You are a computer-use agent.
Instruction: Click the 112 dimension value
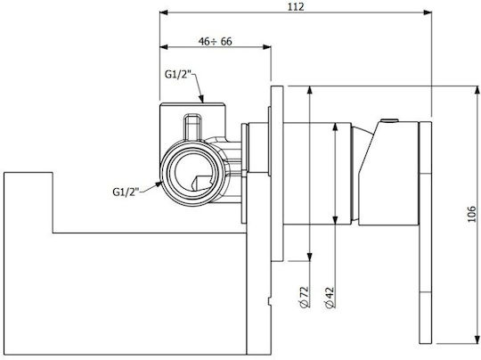tap(296, 6)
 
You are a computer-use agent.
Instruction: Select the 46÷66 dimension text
tap(215, 41)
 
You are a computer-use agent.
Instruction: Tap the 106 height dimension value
tap(471, 214)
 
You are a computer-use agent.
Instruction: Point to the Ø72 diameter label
tap(304, 297)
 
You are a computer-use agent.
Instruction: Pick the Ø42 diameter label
tap(330, 297)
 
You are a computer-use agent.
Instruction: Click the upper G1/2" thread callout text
tap(178, 74)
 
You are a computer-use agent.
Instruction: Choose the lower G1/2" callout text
tap(126, 192)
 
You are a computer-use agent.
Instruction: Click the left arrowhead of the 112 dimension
tap(164, 12)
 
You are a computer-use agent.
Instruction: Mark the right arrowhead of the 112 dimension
tap(428, 12)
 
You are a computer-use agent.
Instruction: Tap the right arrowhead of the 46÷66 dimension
tap(267, 47)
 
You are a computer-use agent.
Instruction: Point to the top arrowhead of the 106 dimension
tap(477, 91)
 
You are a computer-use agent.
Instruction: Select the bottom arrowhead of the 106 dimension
tap(477, 340)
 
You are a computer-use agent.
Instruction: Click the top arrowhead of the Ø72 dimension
tap(310, 91)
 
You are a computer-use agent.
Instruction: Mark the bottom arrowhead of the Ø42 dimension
tap(335, 220)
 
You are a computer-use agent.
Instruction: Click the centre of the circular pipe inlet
tap(192, 173)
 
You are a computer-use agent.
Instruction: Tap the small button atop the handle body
tap(389, 120)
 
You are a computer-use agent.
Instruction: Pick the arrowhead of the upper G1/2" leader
tap(201, 99)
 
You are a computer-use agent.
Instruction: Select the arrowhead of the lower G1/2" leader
tap(159, 184)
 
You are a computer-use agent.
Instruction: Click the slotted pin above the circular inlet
tap(193, 127)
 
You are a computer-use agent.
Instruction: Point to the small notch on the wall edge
tap(270, 301)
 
